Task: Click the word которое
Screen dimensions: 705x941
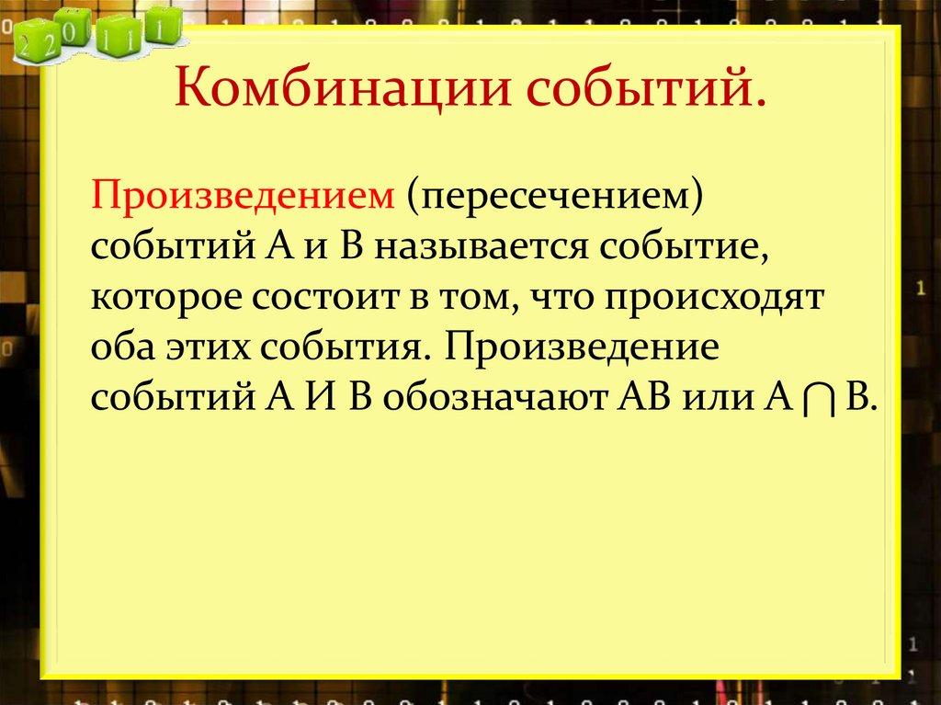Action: click(x=164, y=299)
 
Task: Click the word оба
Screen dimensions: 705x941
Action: click(x=120, y=349)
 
